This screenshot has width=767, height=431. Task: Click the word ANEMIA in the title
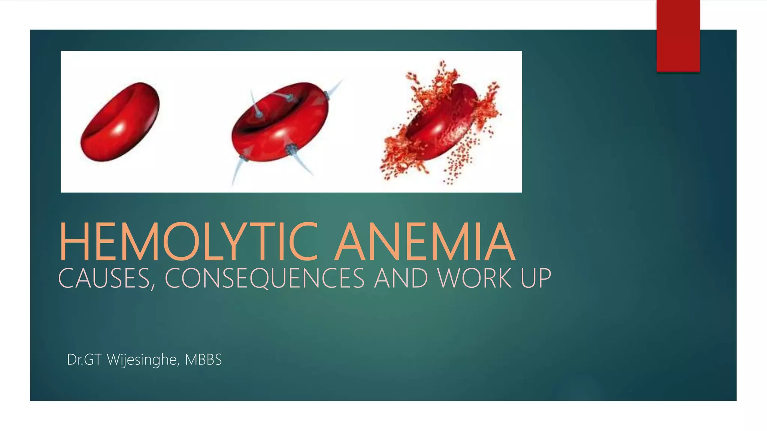tap(425, 242)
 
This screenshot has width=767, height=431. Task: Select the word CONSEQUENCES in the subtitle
tap(264, 279)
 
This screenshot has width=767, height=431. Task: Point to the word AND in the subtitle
tap(401, 279)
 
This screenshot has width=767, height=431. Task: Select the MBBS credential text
tap(203, 360)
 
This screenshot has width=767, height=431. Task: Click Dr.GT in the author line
tap(84, 360)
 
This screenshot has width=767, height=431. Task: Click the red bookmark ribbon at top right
tap(678, 36)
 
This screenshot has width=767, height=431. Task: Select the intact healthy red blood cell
tap(120, 122)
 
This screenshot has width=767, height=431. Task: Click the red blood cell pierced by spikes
tap(280, 122)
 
